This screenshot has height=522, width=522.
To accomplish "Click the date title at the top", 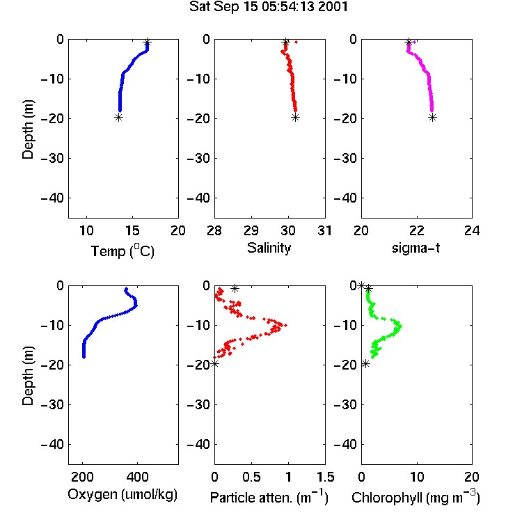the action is [269, 7].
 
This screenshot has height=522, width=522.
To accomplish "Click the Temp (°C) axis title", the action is [122, 251].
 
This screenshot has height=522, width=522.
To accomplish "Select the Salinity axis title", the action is [269, 248].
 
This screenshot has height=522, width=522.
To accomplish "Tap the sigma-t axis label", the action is [416, 248].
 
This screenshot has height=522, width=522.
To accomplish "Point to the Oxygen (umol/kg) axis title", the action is [122, 495].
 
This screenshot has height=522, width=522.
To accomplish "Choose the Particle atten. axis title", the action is [269, 498].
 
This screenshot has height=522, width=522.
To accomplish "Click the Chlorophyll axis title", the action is [416, 498].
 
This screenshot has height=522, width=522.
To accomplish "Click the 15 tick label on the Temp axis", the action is [132, 230].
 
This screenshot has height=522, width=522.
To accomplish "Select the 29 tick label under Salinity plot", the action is [251, 230].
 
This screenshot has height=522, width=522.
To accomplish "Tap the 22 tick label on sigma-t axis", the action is [416, 230].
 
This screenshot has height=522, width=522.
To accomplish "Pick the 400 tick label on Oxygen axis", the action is [137, 477].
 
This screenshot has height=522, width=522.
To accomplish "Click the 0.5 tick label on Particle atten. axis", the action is [251, 477].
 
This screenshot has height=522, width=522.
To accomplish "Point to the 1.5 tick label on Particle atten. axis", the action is [325, 477].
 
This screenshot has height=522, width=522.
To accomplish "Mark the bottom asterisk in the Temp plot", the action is [118, 117].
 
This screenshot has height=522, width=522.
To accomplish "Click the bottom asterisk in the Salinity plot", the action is [295, 117].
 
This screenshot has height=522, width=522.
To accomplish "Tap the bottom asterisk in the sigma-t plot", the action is [432, 117].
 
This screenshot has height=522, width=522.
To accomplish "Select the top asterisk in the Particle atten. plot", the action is [235, 288].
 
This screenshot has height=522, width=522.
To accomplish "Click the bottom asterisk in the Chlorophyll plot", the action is [365, 364].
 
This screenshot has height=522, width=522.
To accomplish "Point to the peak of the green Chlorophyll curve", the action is [400, 326].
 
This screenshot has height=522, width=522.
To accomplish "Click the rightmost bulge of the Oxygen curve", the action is [136, 304].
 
